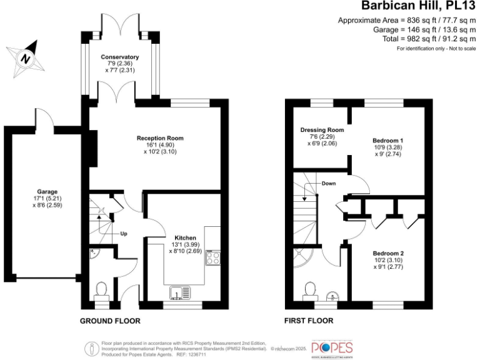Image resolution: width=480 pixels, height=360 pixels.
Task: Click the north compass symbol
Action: tap(25, 57)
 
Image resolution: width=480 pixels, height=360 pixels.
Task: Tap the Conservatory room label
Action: tap(120, 57)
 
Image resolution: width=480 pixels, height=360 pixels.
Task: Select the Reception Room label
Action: tap(161, 138)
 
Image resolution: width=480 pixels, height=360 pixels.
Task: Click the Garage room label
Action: tap(47, 192)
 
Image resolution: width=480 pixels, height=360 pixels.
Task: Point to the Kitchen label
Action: tap(186, 238)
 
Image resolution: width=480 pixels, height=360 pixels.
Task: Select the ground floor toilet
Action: tap(102, 290)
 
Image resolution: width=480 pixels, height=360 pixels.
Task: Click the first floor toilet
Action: tap(309, 289)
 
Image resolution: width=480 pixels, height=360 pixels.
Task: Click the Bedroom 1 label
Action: tap(388, 139)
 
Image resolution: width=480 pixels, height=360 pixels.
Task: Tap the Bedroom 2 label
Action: tap(388, 253)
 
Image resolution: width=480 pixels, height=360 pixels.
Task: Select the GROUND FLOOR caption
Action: tap(110, 321)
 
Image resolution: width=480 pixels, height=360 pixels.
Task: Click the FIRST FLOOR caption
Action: tap(309, 321)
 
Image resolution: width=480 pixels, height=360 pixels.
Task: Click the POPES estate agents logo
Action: tap(332, 347)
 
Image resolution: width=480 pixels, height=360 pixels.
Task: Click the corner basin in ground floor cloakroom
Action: tap(94, 254)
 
